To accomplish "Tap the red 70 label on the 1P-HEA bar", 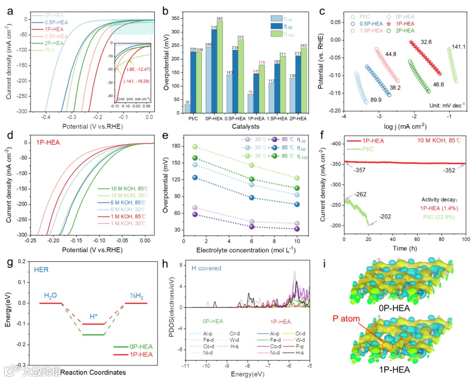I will pos(251,92).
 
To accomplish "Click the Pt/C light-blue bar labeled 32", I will pos(188,109).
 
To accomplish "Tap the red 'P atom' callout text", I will pos(346,319).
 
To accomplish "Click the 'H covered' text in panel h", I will pos(206,268).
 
